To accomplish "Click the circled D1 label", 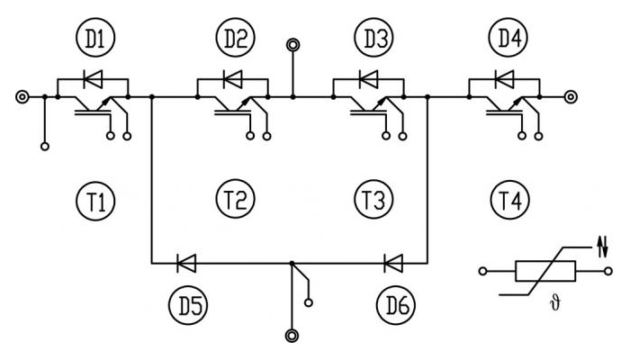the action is [x=95, y=38].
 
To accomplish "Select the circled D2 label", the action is [x=236, y=38].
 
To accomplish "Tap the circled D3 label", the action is [x=373, y=38].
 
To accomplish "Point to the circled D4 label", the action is [x=509, y=38].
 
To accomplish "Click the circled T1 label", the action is [x=95, y=201].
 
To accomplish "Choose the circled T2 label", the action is [x=236, y=199].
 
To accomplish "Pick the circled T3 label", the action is [x=373, y=199].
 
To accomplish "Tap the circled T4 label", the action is [x=510, y=200].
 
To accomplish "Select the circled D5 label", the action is [x=188, y=305].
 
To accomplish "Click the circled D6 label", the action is [x=396, y=305].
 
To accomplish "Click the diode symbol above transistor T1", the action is [x=93, y=79].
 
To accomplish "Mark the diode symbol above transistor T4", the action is [x=504, y=79].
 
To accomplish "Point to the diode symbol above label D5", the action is [x=186, y=264].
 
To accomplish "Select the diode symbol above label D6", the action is [x=393, y=264].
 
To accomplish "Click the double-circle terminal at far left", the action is [x=22, y=97].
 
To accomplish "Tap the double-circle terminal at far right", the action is [x=571, y=97].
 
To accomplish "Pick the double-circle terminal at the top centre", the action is [x=292, y=45].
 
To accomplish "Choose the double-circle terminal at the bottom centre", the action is [x=292, y=336].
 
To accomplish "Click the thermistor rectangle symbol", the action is [x=545, y=271].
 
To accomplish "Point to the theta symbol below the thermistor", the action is [x=554, y=303].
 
